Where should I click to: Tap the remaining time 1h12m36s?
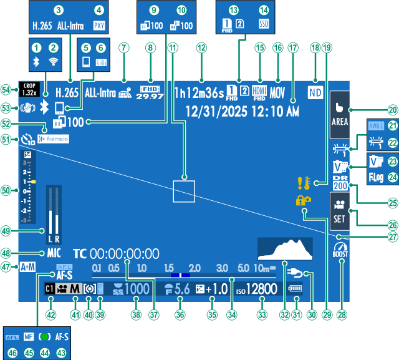[198, 94]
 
